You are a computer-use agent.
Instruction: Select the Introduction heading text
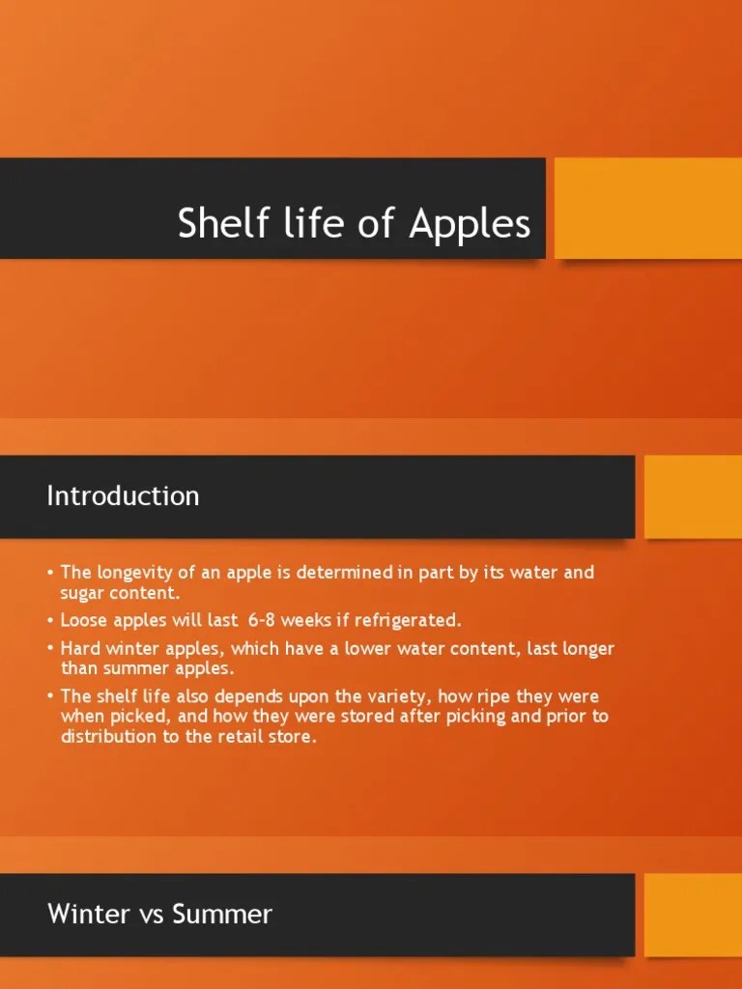[x=123, y=496]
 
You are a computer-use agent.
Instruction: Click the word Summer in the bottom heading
[x=221, y=914]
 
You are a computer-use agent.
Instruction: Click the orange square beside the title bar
[x=647, y=208]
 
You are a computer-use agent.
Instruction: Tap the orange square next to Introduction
[x=692, y=496]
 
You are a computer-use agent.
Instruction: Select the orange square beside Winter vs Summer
[x=692, y=915]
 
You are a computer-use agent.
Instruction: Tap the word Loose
[x=84, y=620]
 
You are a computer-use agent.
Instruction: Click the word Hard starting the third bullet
[x=81, y=648]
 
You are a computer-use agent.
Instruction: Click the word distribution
[x=105, y=737]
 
